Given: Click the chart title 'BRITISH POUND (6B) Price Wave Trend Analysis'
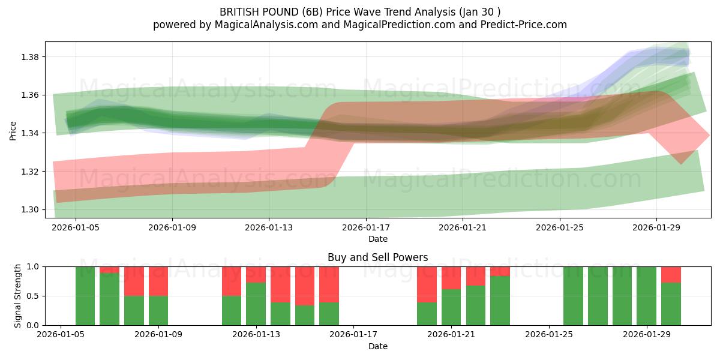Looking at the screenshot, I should click(x=359, y=11).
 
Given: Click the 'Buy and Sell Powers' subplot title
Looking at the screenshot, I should click(x=377, y=257).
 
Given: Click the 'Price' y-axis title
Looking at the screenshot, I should click(x=13, y=130).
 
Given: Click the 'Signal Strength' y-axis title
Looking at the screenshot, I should click(x=17, y=295).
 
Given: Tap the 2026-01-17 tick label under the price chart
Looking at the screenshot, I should click(x=366, y=227).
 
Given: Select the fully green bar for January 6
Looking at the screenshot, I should click(x=85, y=296).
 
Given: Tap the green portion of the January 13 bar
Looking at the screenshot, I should click(x=256, y=304).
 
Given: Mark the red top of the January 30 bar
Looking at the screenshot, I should click(x=671, y=274).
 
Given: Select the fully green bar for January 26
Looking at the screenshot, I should click(x=573, y=296).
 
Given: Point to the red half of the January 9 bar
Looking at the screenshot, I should click(x=158, y=281).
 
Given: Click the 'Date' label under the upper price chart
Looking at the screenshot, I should click(x=377, y=239).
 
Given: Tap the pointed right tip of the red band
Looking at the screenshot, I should click(x=709, y=135).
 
